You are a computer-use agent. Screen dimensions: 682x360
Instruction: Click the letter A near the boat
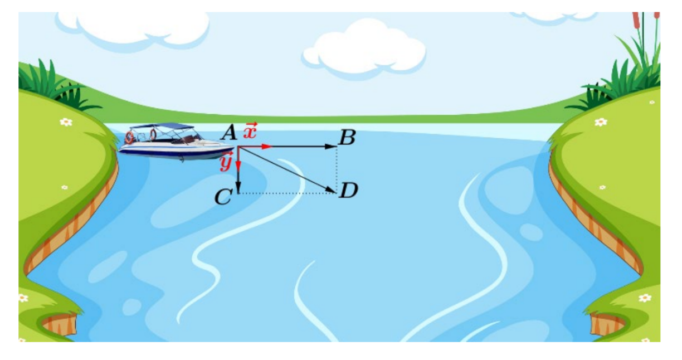(229, 133)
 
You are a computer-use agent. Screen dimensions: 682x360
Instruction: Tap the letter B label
(347, 137)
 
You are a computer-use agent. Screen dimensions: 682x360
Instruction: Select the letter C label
(223, 197)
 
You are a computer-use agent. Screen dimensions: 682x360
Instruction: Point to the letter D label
(348, 191)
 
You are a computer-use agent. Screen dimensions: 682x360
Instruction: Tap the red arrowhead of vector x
(266, 147)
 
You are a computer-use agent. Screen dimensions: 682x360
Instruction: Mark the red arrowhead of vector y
(238, 167)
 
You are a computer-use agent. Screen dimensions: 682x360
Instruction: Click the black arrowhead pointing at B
(330, 147)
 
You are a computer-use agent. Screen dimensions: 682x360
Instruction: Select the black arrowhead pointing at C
(238, 186)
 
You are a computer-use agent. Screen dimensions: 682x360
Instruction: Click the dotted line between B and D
(337, 169)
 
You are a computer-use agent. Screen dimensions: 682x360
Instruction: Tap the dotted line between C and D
(287, 193)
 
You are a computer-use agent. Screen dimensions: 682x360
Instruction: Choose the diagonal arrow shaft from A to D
(287, 170)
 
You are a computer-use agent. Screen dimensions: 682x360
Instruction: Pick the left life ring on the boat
(129, 137)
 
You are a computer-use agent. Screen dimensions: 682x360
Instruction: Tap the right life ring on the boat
(153, 134)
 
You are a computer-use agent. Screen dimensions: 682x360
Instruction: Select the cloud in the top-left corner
(133, 29)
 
